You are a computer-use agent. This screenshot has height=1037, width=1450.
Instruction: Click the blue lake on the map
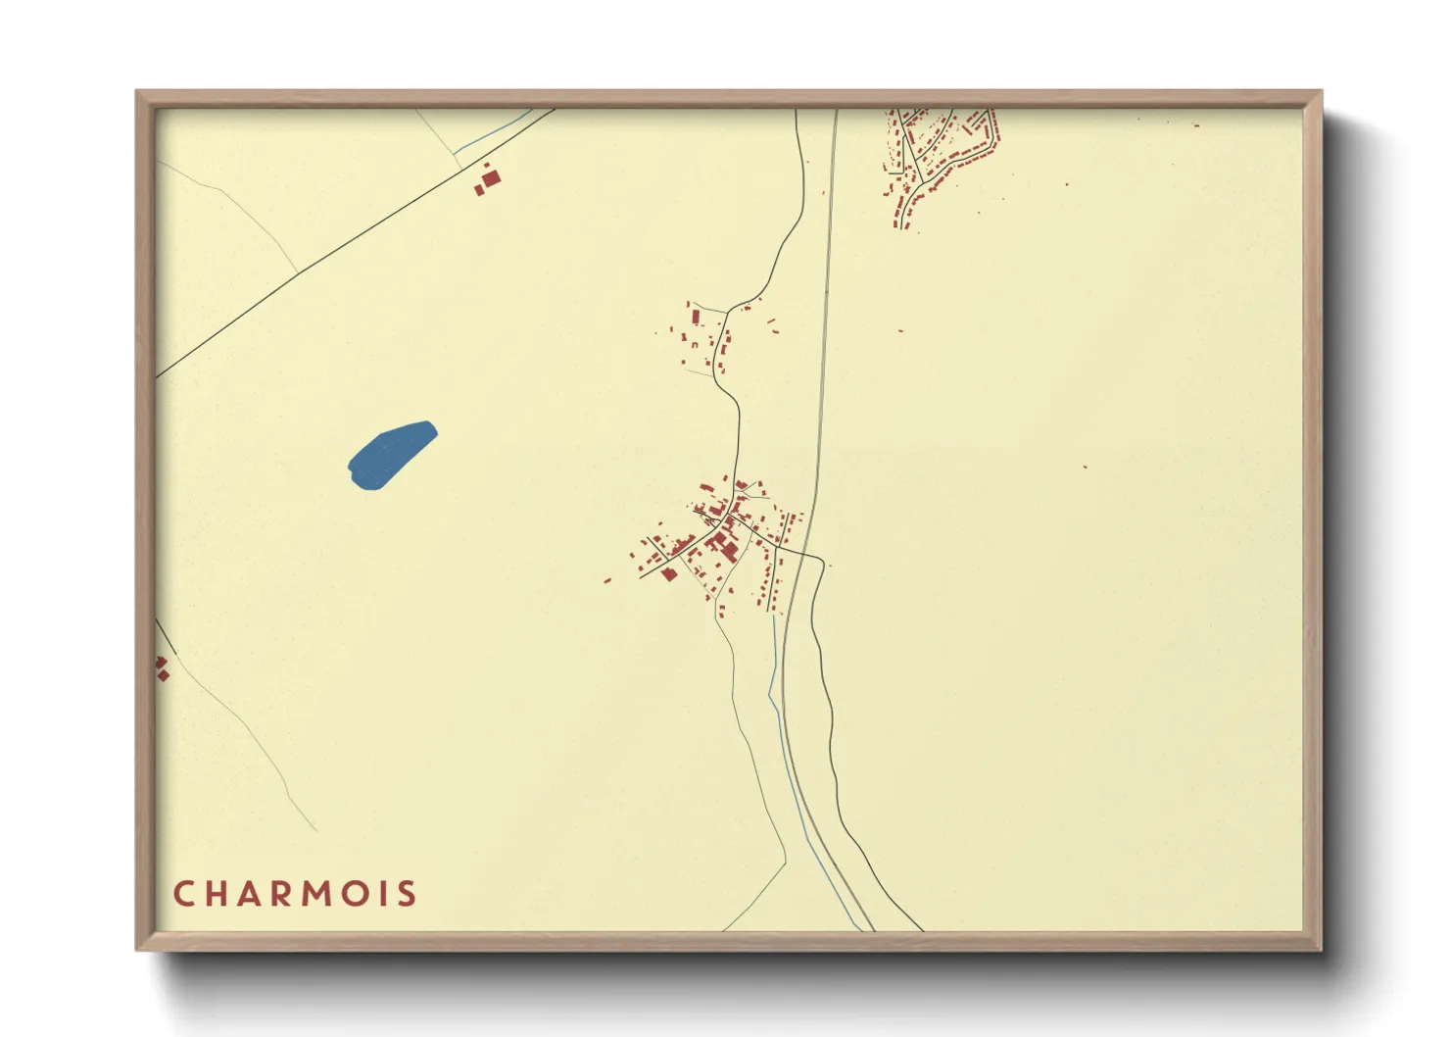(x=390, y=455)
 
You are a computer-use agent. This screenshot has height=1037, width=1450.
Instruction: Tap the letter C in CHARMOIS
(x=183, y=894)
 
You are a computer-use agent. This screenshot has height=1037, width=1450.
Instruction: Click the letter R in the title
(x=289, y=894)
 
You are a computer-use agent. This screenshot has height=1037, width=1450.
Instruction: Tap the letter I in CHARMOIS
(x=389, y=894)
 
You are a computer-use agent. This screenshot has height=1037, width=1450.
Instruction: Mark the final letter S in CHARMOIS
(x=408, y=894)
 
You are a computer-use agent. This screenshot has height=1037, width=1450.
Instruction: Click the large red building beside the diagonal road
(x=491, y=178)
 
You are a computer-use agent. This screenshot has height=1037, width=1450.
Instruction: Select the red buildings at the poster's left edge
(x=162, y=668)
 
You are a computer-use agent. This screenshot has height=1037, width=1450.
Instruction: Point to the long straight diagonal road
(x=353, y=239)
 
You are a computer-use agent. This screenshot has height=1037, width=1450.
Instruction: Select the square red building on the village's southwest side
(x=669, y=574)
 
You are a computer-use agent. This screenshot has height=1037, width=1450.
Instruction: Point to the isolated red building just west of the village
(x=607, y=581)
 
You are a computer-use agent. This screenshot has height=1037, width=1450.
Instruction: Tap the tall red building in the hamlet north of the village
(x=697, y=317)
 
